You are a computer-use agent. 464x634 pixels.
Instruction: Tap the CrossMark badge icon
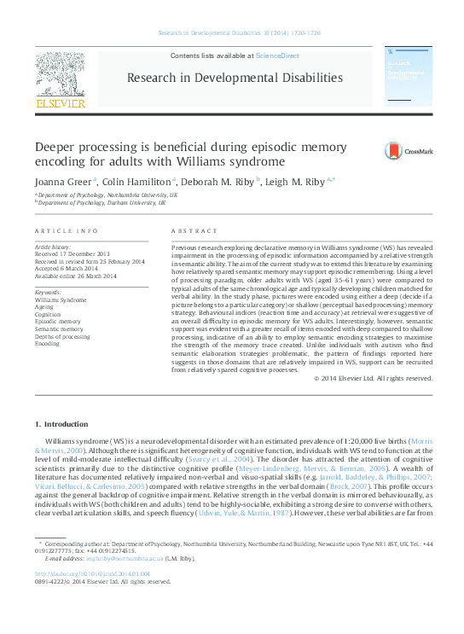[408, 152]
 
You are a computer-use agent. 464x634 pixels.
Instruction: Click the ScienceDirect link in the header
[277, 55]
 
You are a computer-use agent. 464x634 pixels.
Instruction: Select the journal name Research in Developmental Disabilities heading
[235, 78]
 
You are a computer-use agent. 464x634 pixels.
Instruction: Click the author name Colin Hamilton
[139, 182]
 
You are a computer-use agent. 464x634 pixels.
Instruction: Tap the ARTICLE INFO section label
[67, 231]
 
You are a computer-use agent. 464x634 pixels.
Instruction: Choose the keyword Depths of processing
[62, 336]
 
